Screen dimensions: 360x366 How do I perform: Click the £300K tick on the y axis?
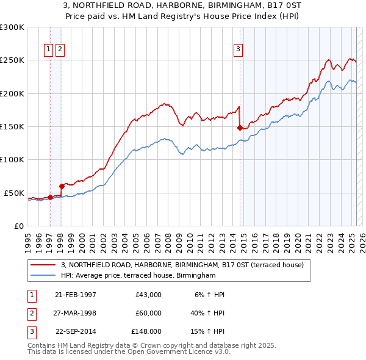[x=12, y=27]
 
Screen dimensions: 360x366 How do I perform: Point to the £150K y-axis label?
[x=12, y=127]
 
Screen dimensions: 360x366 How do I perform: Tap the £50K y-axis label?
[x=14, y=193]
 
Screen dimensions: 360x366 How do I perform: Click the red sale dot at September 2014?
[x=240, y=128]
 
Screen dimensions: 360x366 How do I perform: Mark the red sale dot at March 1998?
[x=62, y=186]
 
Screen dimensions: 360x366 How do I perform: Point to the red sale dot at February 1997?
[x=50, y=197]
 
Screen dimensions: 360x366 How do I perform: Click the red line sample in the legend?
[x=44, y=265]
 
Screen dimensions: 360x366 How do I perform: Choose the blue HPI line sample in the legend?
[x=44, y=275]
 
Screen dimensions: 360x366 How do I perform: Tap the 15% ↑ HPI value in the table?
[x=209, y=331]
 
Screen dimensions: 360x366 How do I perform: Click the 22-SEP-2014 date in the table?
[x=76, y=331]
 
